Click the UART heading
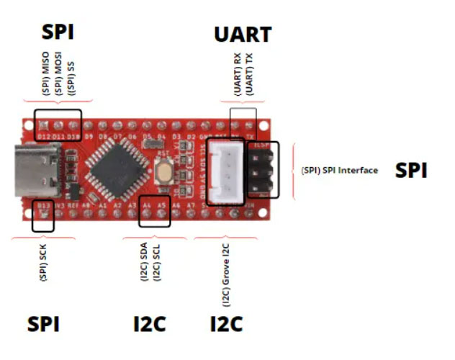click(x=243, y=35)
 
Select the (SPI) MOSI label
click(x=58, y=73)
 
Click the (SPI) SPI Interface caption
click(x=339, y=171)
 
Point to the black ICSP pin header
click(x=262, y=170)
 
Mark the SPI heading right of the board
click(x=411, y=171)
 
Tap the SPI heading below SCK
click(x=43, y=324)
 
